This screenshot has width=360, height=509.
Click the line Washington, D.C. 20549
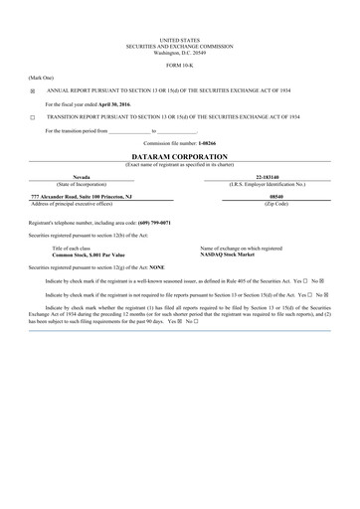click(179, 51)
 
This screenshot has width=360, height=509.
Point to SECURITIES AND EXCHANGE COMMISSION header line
click(179, 44)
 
